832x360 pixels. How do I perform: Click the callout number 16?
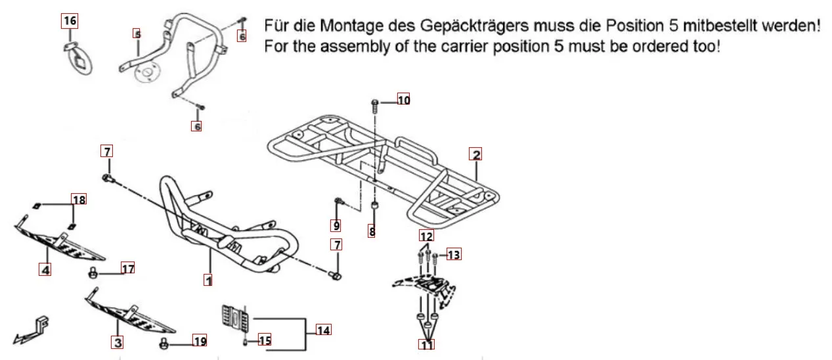pos(69,21)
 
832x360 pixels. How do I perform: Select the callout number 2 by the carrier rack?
pos(476,155)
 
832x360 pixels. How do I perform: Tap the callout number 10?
pos(403,100)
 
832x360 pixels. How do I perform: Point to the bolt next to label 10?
pos(375,103)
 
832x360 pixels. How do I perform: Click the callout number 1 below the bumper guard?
pos(208,281)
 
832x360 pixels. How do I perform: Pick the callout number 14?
pos(323,330)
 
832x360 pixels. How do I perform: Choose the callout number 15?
pos(264,340)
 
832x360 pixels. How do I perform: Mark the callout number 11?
pos(427,344)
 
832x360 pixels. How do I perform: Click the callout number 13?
pos(454,254)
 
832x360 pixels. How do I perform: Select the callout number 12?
pos(427,235)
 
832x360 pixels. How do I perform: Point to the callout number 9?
pos(336,225)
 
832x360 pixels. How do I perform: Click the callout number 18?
pos(79,199)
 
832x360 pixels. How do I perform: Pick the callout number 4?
pos(45,269)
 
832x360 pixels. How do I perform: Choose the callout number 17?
pos(127,268)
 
